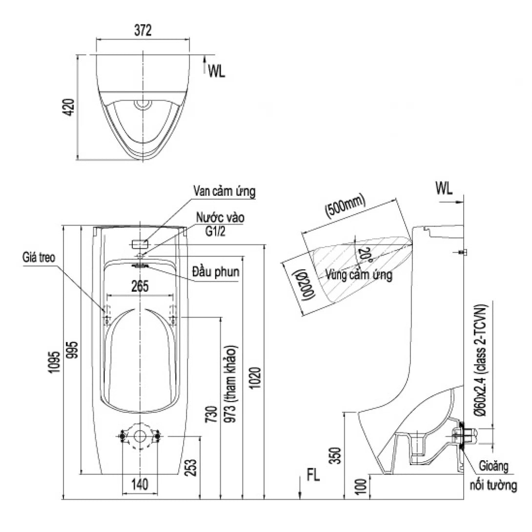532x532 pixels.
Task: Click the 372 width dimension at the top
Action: pos(143,31)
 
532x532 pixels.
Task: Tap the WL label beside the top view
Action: pos(216,71)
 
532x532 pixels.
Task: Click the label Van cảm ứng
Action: pos(224,191)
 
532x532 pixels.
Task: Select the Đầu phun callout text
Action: pos(216,272)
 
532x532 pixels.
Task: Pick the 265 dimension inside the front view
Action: pos(140,286)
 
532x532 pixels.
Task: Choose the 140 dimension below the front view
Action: pos(140,485)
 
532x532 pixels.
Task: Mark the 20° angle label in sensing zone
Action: pos(361,254)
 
